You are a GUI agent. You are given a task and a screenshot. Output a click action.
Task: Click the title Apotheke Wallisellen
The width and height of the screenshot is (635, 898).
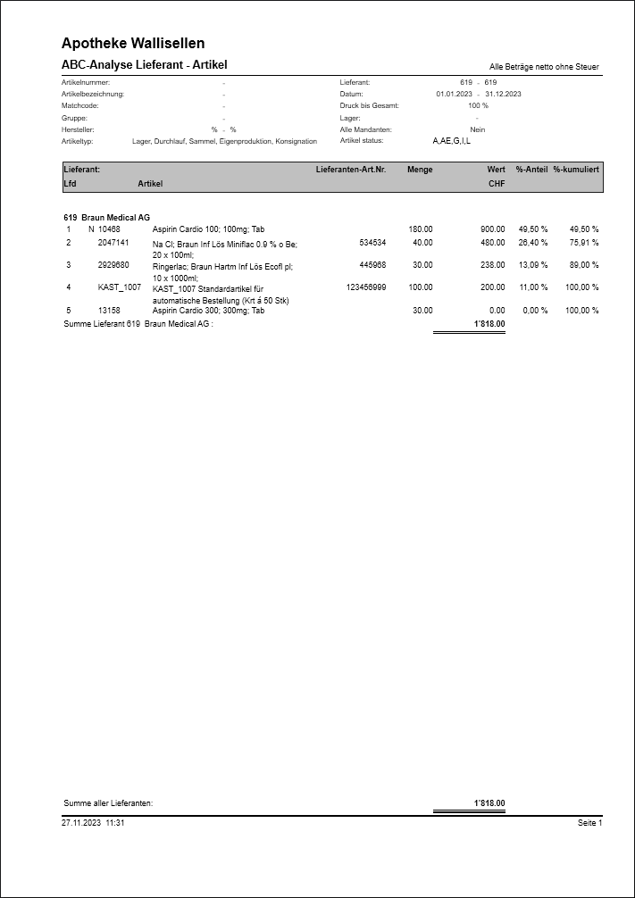(133, 43)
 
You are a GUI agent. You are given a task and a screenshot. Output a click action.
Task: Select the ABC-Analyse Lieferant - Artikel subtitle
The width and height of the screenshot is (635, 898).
(145, 65)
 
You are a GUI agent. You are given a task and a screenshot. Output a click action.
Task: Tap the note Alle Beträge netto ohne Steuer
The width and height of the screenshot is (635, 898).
(544, 67)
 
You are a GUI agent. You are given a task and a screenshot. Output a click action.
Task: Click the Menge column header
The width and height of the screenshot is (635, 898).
(420, 169)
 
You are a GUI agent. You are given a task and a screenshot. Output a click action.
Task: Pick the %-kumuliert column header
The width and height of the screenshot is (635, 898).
(576, 169)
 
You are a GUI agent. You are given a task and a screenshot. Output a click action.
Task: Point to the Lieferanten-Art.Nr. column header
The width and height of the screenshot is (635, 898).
(351, 169)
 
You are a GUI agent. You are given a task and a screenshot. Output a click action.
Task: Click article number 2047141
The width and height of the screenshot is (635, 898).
(113, 242)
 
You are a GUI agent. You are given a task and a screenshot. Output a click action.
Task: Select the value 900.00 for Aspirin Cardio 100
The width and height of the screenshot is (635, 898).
(492, 229)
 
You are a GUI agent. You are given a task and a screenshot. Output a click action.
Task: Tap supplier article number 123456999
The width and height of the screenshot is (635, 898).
(366, 287)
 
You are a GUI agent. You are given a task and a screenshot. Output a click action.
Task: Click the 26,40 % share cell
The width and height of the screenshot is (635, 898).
(533, 242)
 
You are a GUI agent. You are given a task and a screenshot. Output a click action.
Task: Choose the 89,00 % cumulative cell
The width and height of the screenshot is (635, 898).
(584, 265)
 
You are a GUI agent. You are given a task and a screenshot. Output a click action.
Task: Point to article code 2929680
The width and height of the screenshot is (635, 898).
(113, 265)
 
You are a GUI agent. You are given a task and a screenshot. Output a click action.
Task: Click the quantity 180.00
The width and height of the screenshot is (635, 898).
(421, 229)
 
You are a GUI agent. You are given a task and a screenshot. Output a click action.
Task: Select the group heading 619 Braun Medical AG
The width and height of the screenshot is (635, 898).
(107, 218)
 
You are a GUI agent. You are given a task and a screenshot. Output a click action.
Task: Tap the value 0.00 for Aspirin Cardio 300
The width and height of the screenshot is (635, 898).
(497, 311)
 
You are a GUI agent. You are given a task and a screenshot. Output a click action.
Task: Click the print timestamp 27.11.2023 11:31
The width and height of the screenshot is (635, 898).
(93, 823)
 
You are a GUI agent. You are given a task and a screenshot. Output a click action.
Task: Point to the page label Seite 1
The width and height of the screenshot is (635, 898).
(590, 823)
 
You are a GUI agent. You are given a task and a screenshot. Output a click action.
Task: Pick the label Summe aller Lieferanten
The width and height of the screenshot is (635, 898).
(108, 803)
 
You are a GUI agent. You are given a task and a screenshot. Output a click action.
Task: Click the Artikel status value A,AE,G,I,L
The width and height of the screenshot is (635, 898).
(451, 141)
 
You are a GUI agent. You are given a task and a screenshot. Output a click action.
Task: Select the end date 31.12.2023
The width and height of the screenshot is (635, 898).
(503, 94)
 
